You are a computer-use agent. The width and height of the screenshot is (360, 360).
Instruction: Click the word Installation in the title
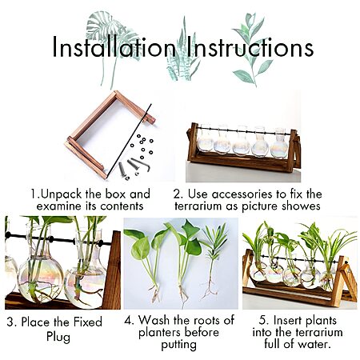[114, 47]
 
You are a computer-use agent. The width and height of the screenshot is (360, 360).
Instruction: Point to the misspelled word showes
[302, 206]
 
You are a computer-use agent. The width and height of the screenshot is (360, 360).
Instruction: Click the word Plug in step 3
[58, 337]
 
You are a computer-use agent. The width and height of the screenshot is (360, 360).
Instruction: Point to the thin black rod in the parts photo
[129, 141]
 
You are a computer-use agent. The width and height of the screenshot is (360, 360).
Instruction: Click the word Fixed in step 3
[88, 322]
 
